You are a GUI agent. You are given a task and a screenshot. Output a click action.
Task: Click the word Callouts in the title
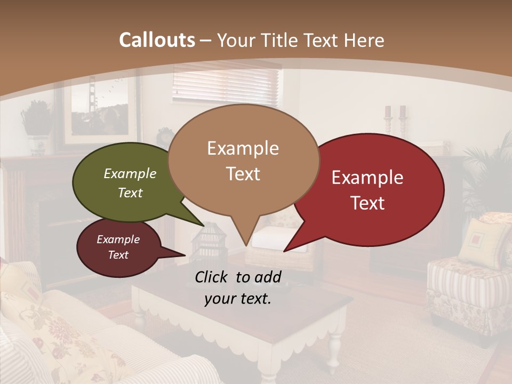point(157,40)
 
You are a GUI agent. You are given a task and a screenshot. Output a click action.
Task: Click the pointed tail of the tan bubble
point(245,235)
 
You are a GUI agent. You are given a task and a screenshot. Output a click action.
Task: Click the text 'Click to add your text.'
point(237,287)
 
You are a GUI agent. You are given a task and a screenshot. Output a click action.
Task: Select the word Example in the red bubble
point(367,178)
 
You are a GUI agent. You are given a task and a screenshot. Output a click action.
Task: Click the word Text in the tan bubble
point(243,174)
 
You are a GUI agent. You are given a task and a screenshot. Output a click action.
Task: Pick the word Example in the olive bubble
point(130,174)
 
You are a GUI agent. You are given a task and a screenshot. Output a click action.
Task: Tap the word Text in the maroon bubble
point(118,255)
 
